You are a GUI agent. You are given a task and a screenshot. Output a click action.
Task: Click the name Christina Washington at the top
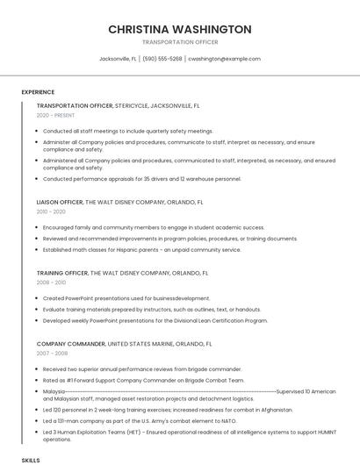[x=180, y=29]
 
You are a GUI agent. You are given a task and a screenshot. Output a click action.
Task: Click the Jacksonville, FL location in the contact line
[x=118, y=59]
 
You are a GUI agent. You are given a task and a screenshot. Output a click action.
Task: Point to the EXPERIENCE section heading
[x=38, y=92]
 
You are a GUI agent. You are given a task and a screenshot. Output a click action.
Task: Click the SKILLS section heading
[x=31, y=460]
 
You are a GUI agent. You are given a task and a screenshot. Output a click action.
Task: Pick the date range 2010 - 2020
[x=51, y=211]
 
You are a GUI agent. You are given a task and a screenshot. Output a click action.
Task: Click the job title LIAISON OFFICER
[x=60, y=202]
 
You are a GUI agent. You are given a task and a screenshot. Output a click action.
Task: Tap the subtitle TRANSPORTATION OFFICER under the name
[x=180, y=42]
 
